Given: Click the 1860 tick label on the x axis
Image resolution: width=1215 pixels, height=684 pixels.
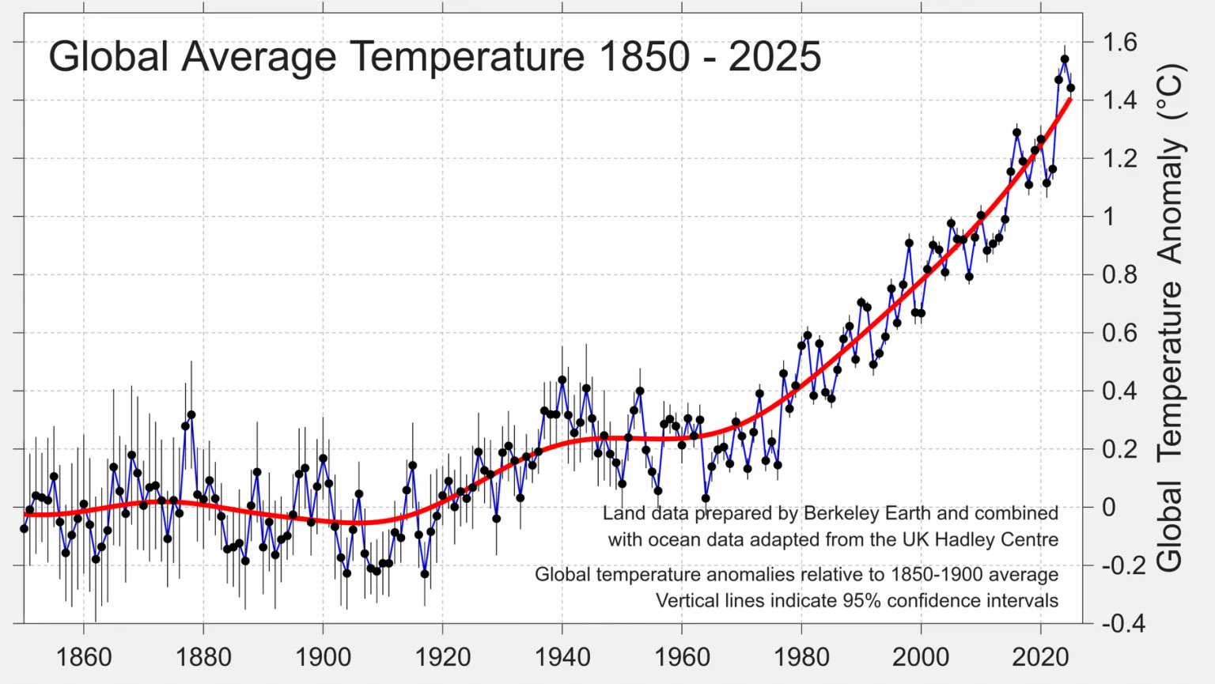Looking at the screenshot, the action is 84,657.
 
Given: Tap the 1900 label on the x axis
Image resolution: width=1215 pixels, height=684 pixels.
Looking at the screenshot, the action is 323,657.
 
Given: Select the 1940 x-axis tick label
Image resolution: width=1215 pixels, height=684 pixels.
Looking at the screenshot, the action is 562,657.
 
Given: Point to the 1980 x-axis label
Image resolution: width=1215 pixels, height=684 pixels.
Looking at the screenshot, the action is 801,657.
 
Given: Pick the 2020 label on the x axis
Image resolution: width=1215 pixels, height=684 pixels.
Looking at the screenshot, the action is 1040,657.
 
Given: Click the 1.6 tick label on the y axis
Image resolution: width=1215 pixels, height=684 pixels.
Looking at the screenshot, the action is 1119,43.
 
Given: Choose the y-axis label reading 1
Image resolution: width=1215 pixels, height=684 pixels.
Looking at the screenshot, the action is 1108,217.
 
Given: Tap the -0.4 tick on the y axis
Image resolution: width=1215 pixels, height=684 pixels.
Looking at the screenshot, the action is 1123,623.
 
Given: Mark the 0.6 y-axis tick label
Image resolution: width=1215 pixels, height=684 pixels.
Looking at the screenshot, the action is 1119,332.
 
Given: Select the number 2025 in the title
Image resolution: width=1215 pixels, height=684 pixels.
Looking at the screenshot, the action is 774,56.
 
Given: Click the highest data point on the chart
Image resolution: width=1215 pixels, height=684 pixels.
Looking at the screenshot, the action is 1065,59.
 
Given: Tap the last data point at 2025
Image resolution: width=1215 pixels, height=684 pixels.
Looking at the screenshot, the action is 1071,88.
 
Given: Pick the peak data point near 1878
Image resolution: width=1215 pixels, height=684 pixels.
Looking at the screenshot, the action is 191,415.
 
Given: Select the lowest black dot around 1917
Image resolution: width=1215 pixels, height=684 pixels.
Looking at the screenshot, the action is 425,574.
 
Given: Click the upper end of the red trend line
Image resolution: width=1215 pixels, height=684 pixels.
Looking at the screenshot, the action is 1070,100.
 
